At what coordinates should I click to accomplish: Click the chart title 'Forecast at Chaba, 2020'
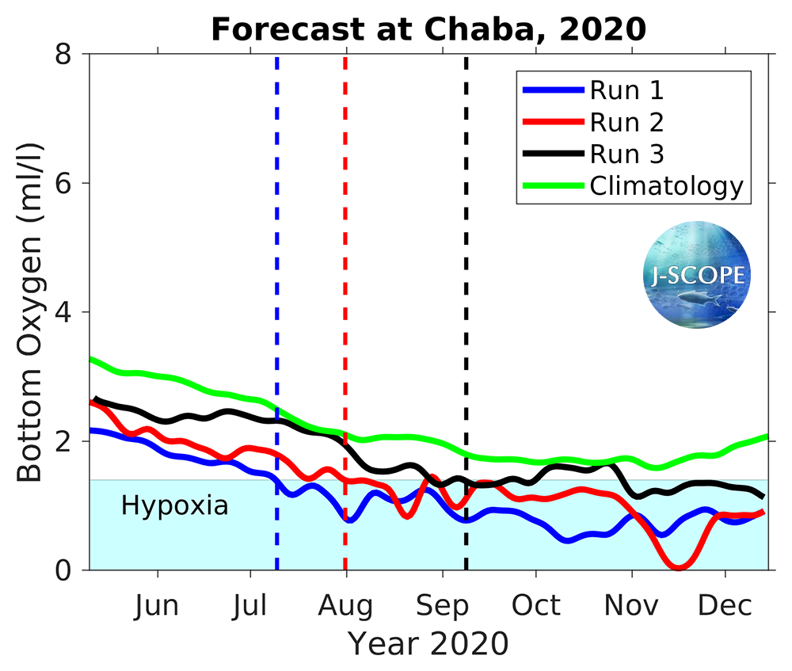tap(428, 30)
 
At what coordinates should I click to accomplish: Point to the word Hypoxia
tap(174, 505)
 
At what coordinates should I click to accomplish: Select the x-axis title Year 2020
tap(428, 643)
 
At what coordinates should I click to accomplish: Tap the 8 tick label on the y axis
tap(70, 55)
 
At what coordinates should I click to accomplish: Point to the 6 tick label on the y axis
tap(70, 184)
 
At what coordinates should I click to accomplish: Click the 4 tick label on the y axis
tap(70, 312)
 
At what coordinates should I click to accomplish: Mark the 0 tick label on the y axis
tap(70, 570)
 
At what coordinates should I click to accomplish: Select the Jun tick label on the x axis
tap(156, 606)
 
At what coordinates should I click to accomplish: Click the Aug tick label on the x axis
tap(346, 606)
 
